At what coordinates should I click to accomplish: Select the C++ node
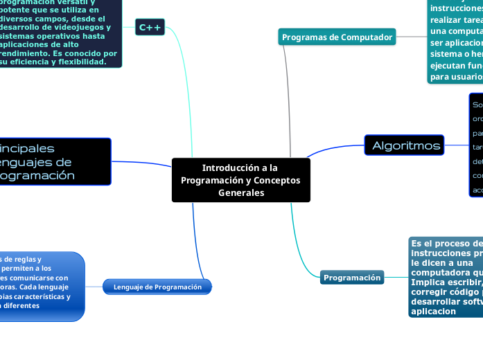pos(150,27)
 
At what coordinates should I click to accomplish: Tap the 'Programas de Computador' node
pos(337,37)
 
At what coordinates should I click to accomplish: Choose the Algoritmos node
pos(406,145)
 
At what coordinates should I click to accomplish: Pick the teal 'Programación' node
pos(352,278)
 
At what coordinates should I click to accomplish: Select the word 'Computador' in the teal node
pos(367,37)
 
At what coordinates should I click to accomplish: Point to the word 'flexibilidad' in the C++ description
pos(77,62)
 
